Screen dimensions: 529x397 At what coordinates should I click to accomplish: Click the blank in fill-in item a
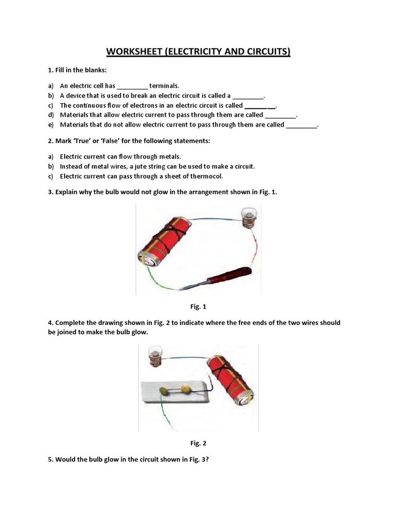coord(133,86)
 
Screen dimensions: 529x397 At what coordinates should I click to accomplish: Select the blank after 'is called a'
coord(248,96)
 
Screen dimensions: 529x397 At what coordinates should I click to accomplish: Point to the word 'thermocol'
coord(206,176)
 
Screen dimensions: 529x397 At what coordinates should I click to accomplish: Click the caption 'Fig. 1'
coord(198,307)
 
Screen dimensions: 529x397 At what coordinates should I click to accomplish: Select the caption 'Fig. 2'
coord(198,443)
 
